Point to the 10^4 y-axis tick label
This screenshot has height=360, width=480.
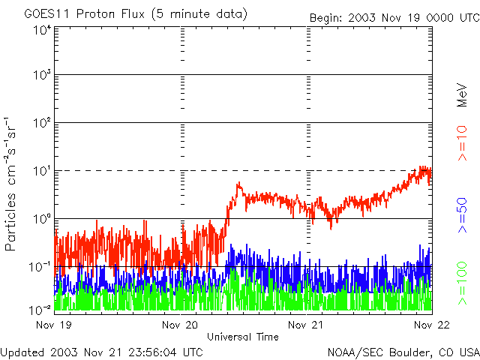tap(41, 29)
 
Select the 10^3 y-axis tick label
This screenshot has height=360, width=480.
tap(41, 76)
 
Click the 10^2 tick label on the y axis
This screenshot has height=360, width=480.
tap(41, 123)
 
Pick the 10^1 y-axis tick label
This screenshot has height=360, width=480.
tap(41, 171)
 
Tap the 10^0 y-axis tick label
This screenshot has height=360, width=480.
tap(41, 219)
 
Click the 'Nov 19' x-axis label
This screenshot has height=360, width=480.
tap(54, 325)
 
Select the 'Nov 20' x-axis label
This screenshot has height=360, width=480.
tap(181, 325)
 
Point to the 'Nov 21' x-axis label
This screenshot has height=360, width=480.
tap(307, 325)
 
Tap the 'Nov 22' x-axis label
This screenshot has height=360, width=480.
tap(429, 325)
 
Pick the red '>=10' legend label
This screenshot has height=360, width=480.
tap(463, 143)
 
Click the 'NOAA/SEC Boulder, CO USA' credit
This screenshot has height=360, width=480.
tap(403, 352)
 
